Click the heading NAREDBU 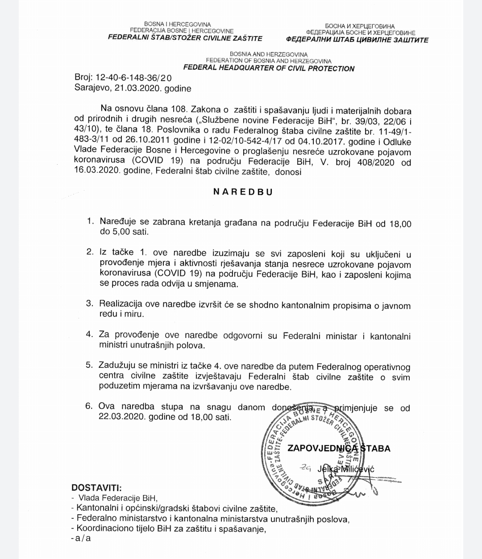tap(243, 192)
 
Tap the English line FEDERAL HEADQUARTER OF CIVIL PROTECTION tap(269, 68)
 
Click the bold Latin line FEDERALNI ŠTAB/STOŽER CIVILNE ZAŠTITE tap(185, 38)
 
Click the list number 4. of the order tap(90, 335)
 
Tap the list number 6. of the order tap(88, 406)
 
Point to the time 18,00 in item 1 tap(399, 223)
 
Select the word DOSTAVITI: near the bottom tap(96, 488)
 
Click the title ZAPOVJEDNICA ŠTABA tap(339, 448)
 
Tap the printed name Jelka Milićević tap(346, 469)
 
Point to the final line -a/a tap(81, 538)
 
